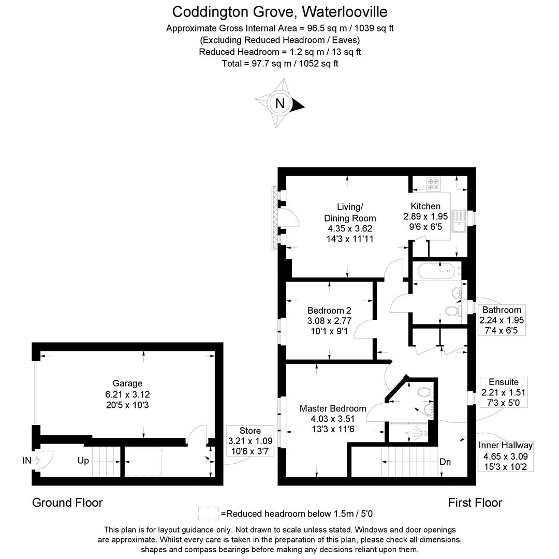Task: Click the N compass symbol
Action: (280, 104)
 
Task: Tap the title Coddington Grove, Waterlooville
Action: (279, 11)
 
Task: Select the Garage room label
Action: (127, 393)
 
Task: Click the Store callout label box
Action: (250, 441)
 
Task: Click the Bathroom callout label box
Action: (502, 320)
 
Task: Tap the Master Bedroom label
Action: (333, 418)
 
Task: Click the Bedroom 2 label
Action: (329, 320)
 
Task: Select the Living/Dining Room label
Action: (350, 223)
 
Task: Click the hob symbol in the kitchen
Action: (433, 184)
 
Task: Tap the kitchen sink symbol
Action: (459, 220)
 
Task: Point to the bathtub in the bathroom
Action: (437, 271)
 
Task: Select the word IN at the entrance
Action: (27, 460)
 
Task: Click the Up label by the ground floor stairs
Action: (83, 460)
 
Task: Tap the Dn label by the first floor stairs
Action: (445, 462)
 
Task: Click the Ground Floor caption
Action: (67, 502)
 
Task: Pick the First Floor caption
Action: (475, 502)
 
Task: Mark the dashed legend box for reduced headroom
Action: (209, 513)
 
